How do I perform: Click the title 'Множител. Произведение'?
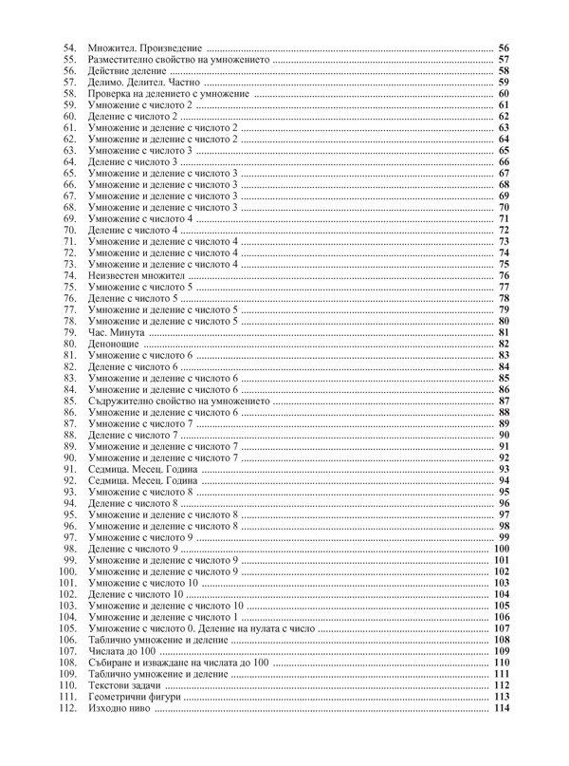(x=144, y=48)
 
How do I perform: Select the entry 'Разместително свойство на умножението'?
(x=178, y=60)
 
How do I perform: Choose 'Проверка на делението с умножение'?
(x=168, y=94)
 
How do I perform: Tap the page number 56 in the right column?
(x=505, y=48)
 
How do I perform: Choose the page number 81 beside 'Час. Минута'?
(x=505, y=332)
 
